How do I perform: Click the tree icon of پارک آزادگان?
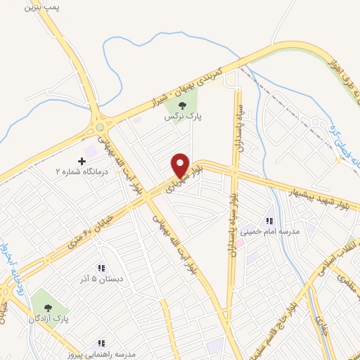coord(49,307)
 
